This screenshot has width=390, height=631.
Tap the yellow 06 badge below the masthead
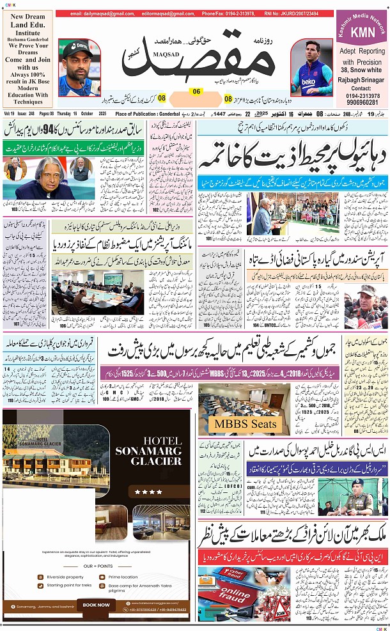coord(196,91)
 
